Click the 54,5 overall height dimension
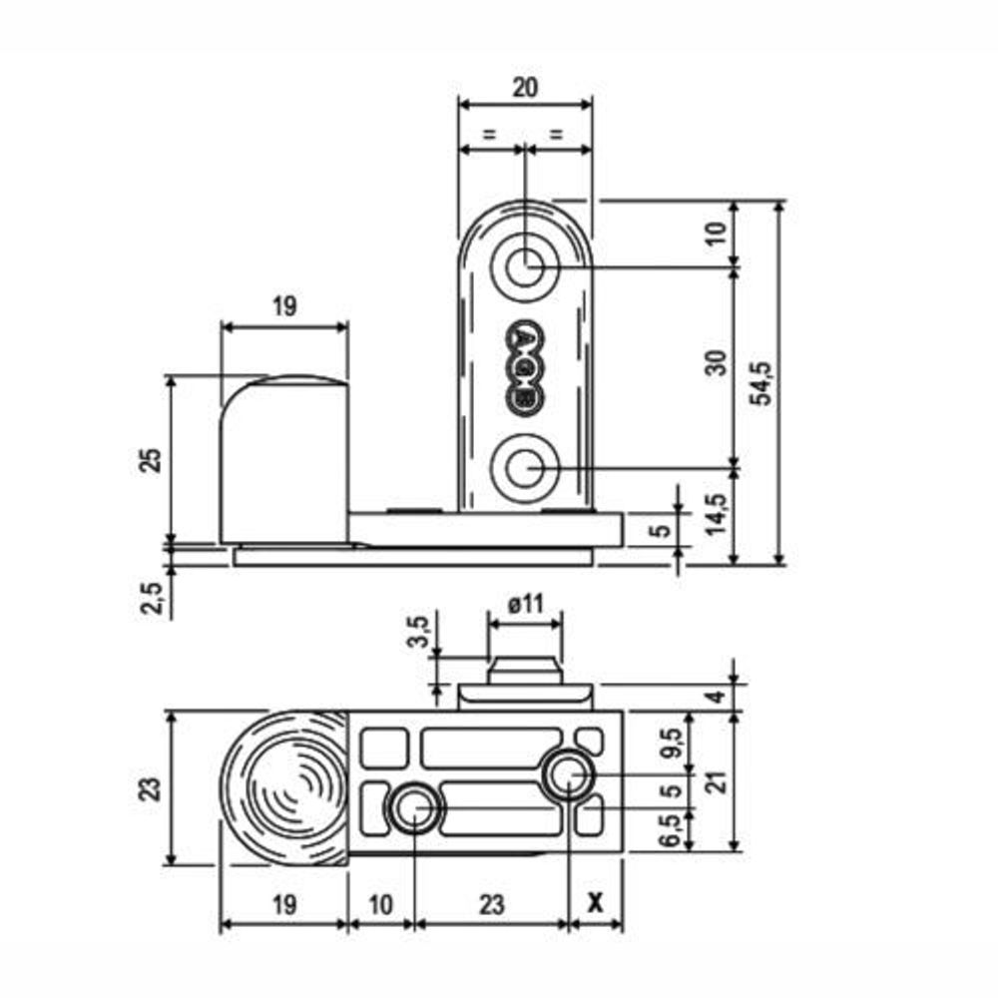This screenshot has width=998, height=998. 761,382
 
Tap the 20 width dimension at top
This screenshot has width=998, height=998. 525,87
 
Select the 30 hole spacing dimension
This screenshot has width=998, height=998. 718,363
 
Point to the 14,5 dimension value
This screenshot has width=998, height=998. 717,515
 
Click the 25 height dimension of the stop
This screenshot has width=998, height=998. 152,459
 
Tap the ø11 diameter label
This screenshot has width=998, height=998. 526,603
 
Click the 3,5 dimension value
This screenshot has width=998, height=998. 419,631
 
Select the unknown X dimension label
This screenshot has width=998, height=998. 595,901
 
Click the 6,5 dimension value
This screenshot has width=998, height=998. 672,830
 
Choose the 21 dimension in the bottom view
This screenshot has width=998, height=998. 718,781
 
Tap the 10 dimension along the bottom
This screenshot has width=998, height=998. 380,904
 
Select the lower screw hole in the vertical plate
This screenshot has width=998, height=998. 525,469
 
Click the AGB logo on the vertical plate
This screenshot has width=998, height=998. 525,367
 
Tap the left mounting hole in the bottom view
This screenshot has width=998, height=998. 414,808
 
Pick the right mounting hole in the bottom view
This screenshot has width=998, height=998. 569,774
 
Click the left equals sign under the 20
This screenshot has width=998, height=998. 489,135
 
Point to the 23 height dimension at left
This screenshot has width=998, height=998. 152,788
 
